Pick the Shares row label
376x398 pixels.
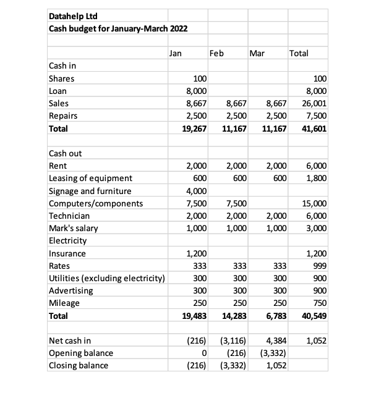coord(61,78)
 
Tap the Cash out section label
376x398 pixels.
coord(65,153)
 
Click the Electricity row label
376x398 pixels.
coord(67,240)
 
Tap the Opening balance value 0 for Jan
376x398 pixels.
coord(203,353)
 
